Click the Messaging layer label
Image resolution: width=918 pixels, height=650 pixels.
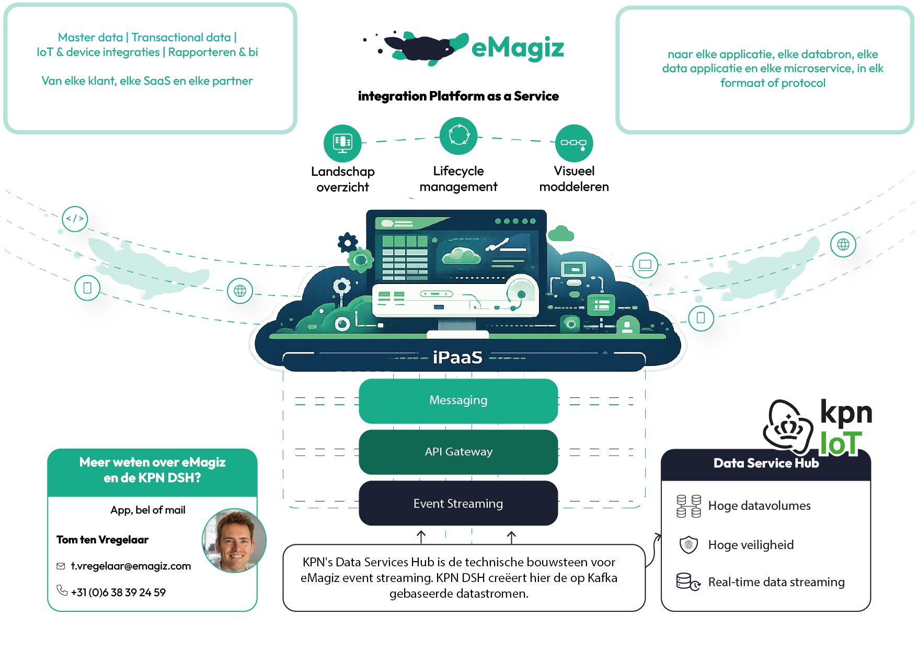coord(458,400)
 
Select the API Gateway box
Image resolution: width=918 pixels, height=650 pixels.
coord(458,452)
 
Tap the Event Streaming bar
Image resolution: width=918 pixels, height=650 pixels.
coord(458,504)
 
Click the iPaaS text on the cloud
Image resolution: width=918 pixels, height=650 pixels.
coord(457,357)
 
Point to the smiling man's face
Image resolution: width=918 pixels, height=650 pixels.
coord(234,541)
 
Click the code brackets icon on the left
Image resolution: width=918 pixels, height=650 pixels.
coord(75,219)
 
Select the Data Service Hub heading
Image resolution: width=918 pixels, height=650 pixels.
coord(766,463)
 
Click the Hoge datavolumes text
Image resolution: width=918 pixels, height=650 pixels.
coord(759,506)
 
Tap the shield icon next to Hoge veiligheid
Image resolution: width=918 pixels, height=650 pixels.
coord(688,545)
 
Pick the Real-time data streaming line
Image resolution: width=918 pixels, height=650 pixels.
coord(776,582)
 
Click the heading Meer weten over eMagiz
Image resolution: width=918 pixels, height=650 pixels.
coord(152,462)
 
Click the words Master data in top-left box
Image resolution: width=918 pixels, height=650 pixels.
coord(90,38)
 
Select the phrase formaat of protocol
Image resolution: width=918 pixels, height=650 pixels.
coord(773,83)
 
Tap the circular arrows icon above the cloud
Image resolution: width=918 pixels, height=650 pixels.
coord(459,135)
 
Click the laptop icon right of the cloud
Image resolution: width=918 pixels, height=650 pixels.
coord(645,265)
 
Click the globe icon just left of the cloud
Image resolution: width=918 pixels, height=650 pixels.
coord(240,291)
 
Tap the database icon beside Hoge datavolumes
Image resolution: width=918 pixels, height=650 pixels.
coord(688,506)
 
